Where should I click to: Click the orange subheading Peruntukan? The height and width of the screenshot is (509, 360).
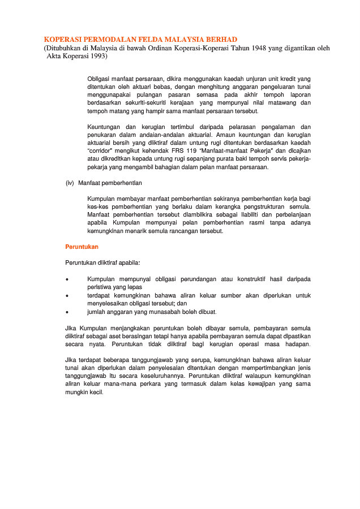[82, 247]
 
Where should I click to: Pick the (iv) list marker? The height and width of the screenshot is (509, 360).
[70, 183]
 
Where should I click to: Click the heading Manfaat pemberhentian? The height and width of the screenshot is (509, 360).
[110, 183]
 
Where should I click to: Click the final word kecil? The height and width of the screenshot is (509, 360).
[96, 392]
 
